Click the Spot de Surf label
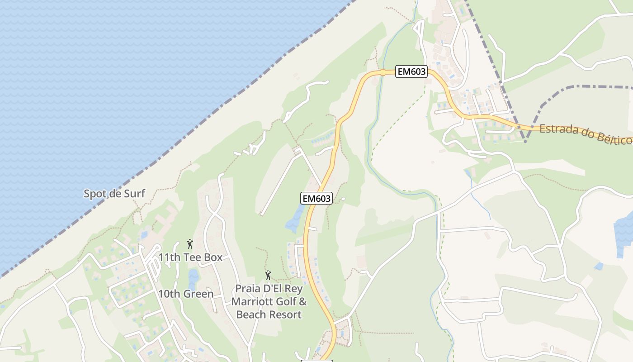[114, 194]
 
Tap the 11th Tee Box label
[190, 257]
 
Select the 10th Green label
[185, 294]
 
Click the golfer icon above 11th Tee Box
[190, 244]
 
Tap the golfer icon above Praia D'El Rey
[268, 275]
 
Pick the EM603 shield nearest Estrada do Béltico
[411, 71]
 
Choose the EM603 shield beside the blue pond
[316, 198]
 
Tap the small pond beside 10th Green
[193, 278]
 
